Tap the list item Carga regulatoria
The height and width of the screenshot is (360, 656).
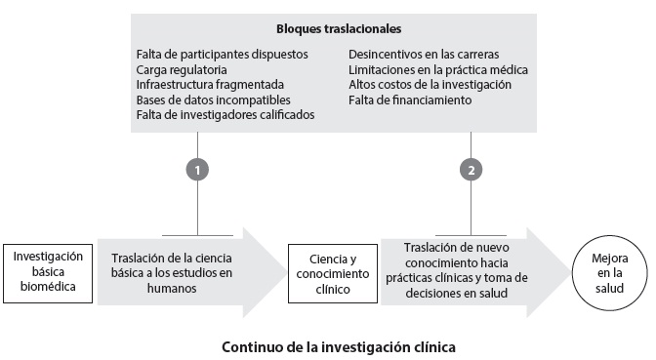[183, 70]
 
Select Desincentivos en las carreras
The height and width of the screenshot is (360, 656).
[416, 56]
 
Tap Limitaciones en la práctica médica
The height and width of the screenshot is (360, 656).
[438, 70]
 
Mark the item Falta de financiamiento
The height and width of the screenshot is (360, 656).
[405, 100]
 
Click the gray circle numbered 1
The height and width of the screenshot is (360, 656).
[198, 169]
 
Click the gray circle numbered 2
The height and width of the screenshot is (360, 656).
[471, 169]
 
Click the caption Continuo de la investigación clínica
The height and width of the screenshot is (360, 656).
[338, 345]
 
